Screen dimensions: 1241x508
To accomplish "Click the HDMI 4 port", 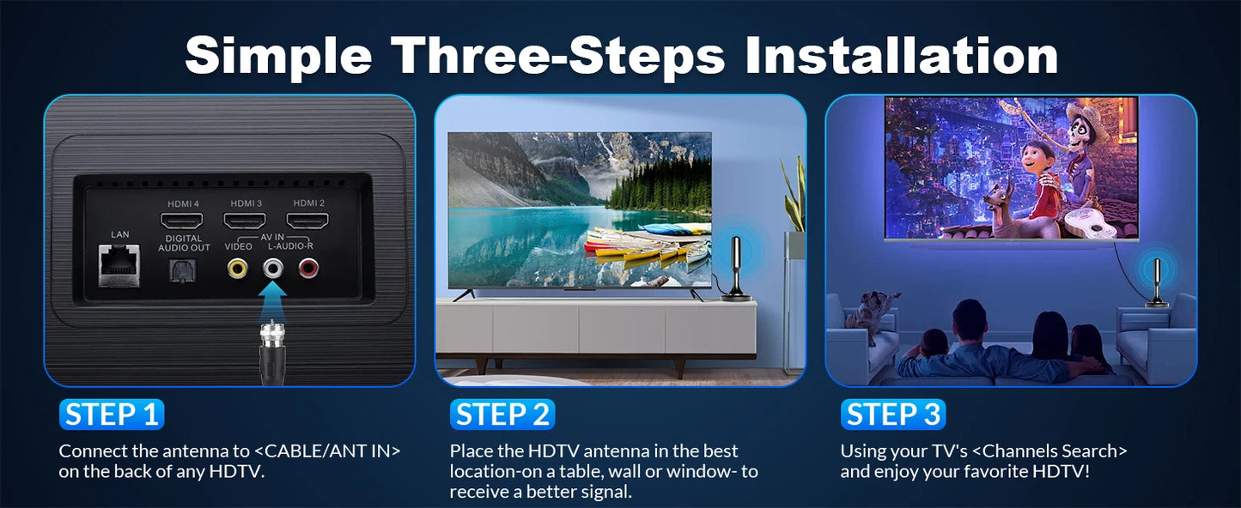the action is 182,221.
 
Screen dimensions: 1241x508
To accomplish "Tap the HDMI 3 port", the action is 244,221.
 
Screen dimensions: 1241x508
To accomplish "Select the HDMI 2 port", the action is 307,221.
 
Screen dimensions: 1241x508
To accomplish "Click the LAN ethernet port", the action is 119,266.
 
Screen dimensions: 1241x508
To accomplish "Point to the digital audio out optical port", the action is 182,271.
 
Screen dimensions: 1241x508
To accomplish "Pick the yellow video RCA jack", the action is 238,269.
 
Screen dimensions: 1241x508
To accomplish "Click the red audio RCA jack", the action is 308,269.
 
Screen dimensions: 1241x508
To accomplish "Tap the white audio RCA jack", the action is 273,269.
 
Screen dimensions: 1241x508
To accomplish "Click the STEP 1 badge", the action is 112,414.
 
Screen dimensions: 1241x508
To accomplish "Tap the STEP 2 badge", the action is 502,414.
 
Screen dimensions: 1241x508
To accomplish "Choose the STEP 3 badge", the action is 893,414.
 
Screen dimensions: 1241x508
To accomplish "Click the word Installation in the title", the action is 901,56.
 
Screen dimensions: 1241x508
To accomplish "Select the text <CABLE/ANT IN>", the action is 327,451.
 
